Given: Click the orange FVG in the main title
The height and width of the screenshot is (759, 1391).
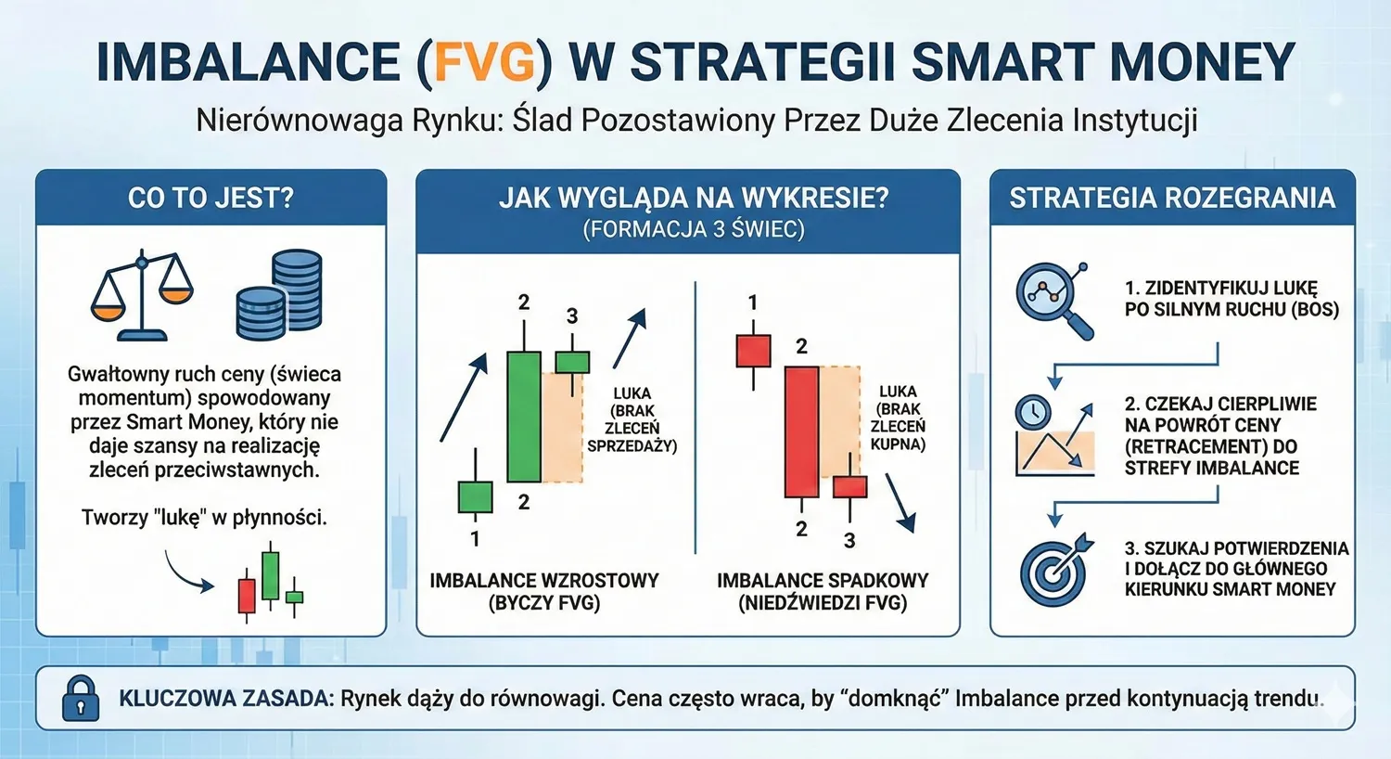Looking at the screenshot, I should (484, 63).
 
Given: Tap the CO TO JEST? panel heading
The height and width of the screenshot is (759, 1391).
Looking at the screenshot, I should (211, 198).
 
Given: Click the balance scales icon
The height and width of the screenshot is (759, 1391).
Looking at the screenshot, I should (141, 295).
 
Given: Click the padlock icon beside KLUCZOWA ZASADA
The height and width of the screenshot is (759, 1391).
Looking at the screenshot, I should (80, 698).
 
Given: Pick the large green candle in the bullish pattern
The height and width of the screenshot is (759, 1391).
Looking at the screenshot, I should (524, 416).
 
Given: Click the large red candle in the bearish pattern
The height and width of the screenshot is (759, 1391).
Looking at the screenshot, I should (801, 431).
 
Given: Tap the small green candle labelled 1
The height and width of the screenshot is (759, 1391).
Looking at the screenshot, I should (476, 496).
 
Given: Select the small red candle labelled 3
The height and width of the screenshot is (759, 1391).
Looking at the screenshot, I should (849, 486).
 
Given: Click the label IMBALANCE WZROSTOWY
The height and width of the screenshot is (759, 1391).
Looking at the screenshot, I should (544, 581).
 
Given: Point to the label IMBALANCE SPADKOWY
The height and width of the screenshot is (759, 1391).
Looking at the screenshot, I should (823, 581).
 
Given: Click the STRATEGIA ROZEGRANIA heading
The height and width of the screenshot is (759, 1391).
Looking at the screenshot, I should (1172, 198).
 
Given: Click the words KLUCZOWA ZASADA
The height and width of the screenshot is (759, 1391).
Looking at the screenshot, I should (225, 698).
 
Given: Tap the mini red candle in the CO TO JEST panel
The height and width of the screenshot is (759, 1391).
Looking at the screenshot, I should (247, 596).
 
